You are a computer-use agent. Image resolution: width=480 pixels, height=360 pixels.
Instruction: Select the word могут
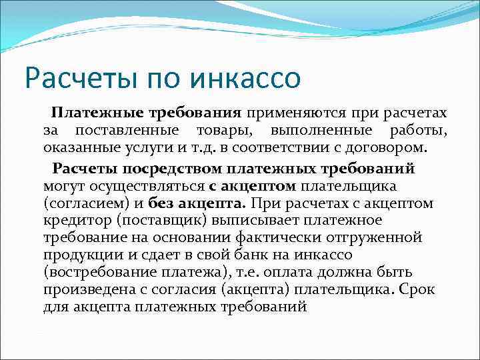pyautogui.click(x=63, y=183)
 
